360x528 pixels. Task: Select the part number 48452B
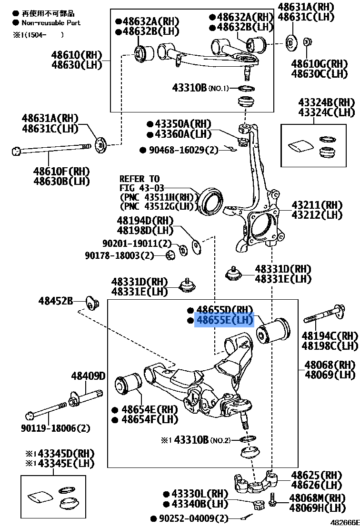tap(56, 301)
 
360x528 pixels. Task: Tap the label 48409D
tap(88, 376)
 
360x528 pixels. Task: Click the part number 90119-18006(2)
tap(55, 428)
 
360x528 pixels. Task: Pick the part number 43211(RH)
tap(317, 205)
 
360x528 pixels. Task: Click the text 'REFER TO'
tap(140, 179)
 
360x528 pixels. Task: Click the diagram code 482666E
tap(345, 523)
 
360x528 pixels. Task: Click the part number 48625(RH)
tap(317, 475)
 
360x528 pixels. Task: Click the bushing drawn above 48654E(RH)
tap(128, 389)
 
